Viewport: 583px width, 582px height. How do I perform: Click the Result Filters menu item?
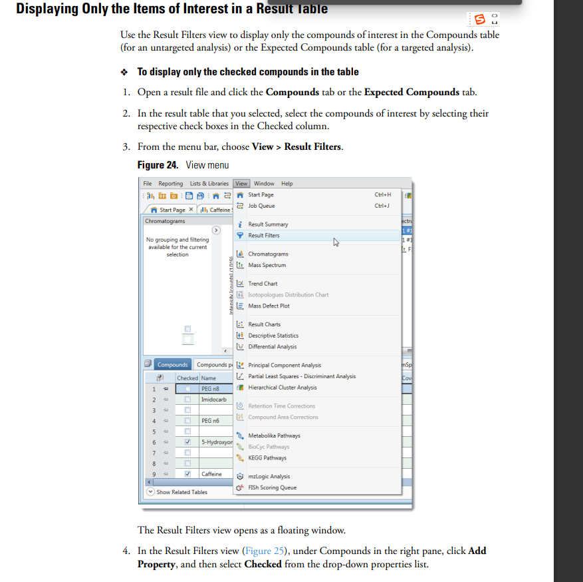click(263, 236)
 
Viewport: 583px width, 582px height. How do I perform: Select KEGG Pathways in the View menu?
click(267, 458)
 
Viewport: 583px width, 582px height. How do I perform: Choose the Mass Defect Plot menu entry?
click(269, 306)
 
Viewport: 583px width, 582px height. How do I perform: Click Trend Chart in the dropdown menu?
click(263, 284)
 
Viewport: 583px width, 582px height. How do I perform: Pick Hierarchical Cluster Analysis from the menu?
click(282, 388)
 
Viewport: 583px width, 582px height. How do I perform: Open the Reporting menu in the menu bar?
click(170, 184)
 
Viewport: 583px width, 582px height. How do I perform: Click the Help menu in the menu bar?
click(287, 184)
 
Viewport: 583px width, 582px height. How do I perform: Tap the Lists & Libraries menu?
click(209, 184)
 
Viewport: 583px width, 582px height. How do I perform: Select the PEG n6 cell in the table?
click(210, 421)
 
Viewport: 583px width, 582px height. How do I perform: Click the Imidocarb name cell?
click(213, 400)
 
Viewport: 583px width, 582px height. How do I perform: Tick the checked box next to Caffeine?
click(188, 474)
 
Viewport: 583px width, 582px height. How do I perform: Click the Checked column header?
click(187, 378)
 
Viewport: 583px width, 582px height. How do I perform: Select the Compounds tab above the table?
click(172, 365)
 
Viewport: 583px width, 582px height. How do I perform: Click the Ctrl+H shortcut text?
click(383, 195)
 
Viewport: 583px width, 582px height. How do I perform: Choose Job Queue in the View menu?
click(261, 206)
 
